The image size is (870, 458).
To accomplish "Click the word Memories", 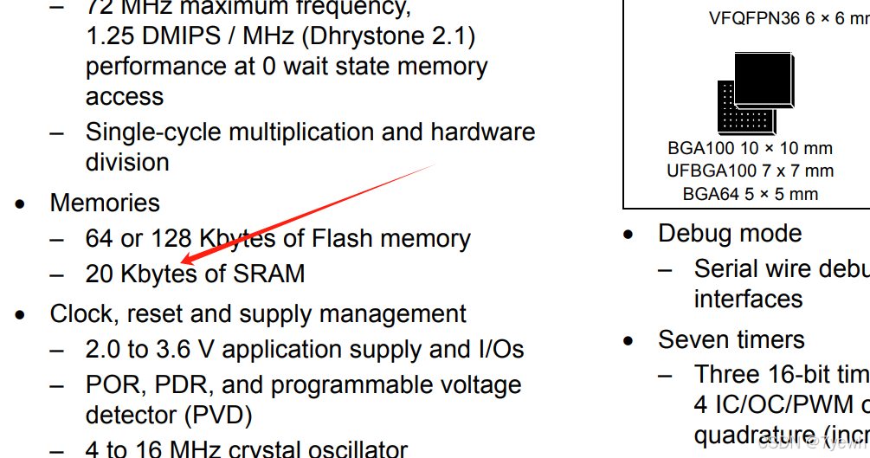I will pyautogui.click(x=105, y=203).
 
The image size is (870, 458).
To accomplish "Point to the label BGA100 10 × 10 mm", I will pyautogui.click(x=750, y=149).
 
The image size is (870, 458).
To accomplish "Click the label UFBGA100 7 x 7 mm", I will pyautogui.click(x=750, y=171).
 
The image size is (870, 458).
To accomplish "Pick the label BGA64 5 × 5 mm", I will pyautogui.click(x=750, y=194).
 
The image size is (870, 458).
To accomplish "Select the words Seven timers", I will pyautogui.click(x=731, y=339).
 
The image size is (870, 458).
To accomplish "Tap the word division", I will pyautogui.click(x=126, y=162).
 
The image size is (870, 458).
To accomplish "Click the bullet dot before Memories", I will pyautogui.click(x=21, y=204).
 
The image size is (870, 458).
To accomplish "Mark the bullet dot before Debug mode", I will pyautogui.click(x=629, y=235).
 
